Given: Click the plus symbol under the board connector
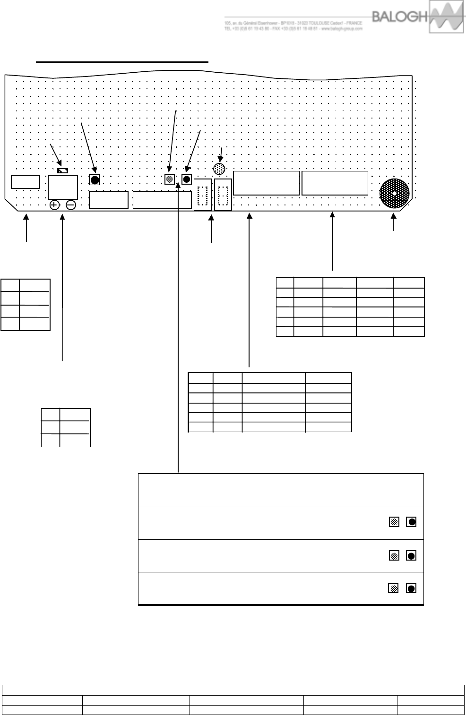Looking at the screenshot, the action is (x=54, y=205).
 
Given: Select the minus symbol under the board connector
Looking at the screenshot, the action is (x=71, y=205).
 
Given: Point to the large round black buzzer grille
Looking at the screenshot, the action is (x=394, y=194).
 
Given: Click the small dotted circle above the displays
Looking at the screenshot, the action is (x=219, y=169).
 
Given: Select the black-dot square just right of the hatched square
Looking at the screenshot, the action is (x=187, y=179).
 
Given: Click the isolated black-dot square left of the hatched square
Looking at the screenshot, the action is (x=95, y=180).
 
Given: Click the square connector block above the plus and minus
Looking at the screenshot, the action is (x=63, y=187).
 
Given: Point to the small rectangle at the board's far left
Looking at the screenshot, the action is (x=25, y=182).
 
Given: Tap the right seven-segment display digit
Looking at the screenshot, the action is (x=223, y=195).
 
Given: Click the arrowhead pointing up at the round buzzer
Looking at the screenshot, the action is (x=393, y=216).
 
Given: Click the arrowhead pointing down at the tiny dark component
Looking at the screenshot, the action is (x=59, y=161).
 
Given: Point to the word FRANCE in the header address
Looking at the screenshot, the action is (x=354, y=23).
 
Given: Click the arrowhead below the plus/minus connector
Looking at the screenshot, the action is (x=62, y=217).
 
